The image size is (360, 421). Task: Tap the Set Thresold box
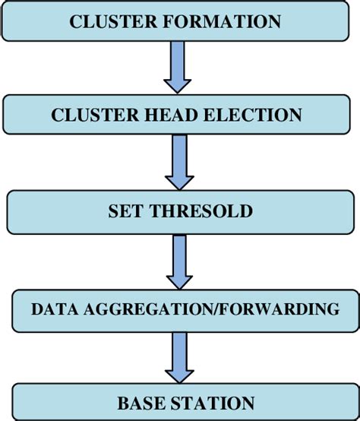pyautogui.click(x=180, y=211)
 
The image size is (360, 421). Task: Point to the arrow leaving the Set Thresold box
pyautogui.click(x=180, y=260)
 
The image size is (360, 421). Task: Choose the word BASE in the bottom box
pyautogui.click(x=140, y=403)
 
